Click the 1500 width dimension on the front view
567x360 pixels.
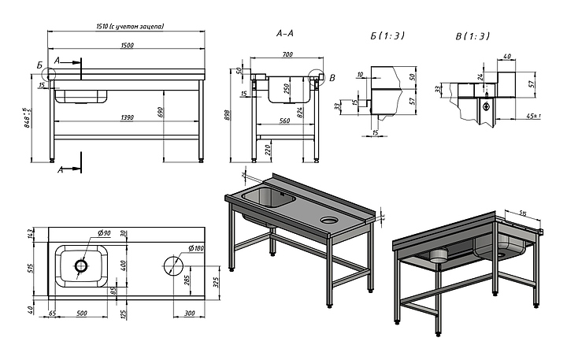[x=126, y=45]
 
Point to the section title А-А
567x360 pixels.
[x=285, y=34]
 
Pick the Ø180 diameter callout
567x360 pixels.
[x=195, y=248]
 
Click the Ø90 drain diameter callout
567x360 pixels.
[x=103, y=234]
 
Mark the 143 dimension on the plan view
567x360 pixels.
[x=31, y=233]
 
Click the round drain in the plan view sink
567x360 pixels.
[x=83, y=266]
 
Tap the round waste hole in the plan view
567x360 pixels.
[x=171, y=265]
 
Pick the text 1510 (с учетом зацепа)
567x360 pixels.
[x=126, y=27]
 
